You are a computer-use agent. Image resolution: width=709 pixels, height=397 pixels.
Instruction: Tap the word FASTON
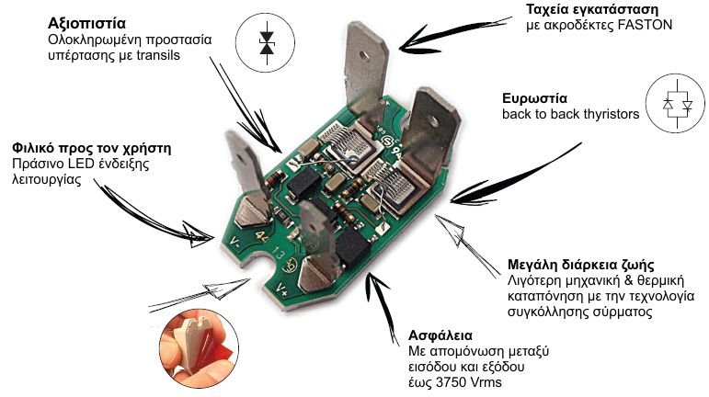point(645,26)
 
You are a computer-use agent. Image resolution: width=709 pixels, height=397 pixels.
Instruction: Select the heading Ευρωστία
point(534,97)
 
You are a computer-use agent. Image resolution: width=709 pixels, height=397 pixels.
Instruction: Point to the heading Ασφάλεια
point(439,334)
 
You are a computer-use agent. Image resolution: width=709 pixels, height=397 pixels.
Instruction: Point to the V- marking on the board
point(235,244)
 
